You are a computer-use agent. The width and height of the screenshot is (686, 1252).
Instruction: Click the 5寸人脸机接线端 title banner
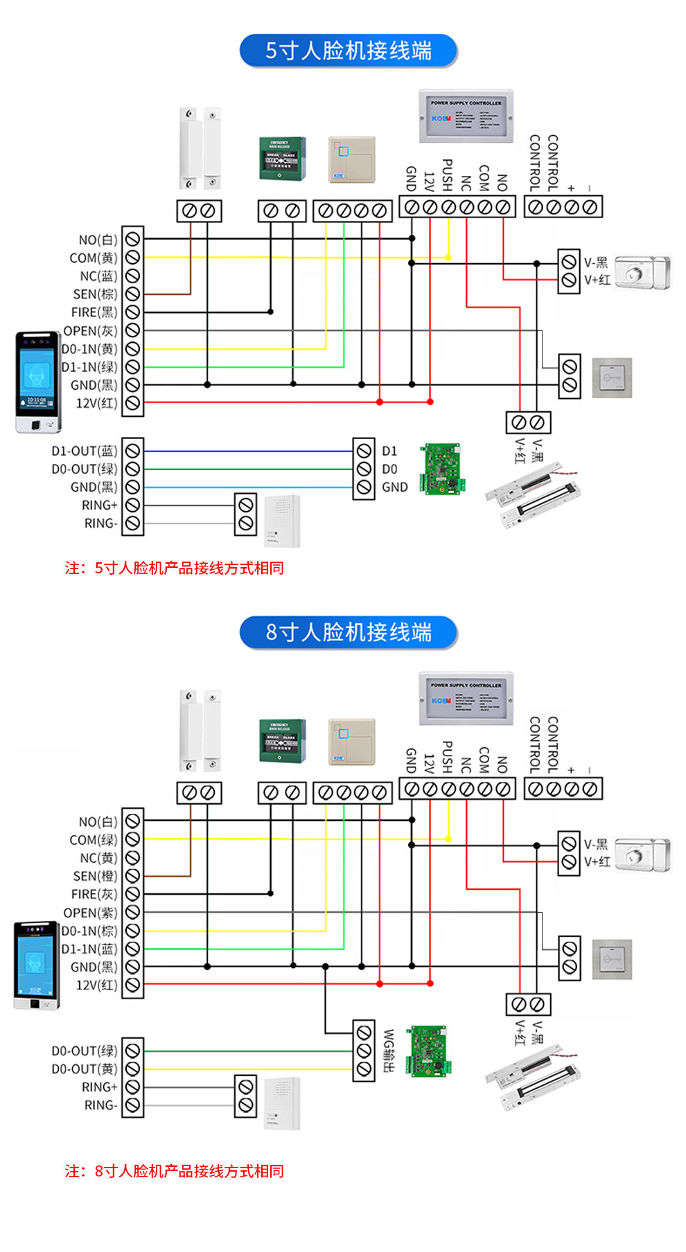click(x=348, y=51)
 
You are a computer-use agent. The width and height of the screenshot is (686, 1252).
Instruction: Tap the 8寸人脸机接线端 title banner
click(x=348, y=632)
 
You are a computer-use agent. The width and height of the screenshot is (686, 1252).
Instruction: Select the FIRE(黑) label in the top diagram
click(x=94, y=312)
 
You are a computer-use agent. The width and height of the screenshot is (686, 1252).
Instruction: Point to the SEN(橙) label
click(x=95, y=876)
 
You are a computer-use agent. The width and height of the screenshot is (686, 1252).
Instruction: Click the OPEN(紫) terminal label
click(x=90, y=913)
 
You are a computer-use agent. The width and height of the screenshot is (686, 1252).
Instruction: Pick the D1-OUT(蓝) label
click(x=84, y=451)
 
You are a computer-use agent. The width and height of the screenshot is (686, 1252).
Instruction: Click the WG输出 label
click(x=389, y=1050)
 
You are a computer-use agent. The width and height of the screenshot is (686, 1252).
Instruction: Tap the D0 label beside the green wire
click(x=389, y=469)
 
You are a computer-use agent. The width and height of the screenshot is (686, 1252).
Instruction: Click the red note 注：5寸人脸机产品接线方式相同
click(x=174, y=568)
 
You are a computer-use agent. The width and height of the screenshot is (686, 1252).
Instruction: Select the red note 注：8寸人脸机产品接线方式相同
click(x=174, y=1171)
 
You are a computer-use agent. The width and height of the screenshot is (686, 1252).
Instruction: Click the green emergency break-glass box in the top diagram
click(x=283, y=159)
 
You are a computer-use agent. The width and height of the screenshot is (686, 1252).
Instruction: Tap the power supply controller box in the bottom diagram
click(x=466, y=697)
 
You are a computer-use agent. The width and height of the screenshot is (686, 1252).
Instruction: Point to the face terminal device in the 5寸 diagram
click(x=38, y=382)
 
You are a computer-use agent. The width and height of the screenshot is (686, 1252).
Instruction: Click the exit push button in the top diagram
click(x=612, y=377)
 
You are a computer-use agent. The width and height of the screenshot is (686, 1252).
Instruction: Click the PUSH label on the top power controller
click(x=447, y=175)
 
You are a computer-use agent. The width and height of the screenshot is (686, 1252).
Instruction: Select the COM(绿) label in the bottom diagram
click(x=94, y=840)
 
